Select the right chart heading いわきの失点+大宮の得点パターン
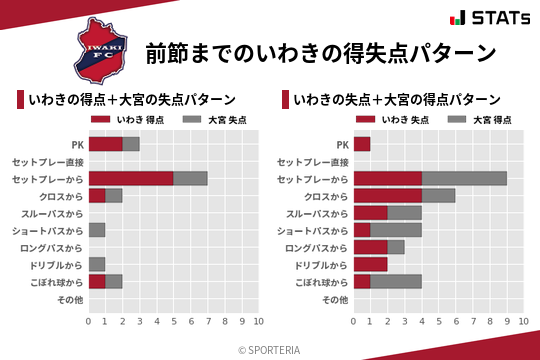(397, 100)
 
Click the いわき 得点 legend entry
(130, 120)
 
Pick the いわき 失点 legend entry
(396, 120)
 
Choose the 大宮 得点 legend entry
(481, 120)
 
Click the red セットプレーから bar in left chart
(130, 178)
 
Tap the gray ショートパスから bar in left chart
(96, 230)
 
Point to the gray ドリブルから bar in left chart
(96, 264)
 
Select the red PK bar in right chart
(361, 144)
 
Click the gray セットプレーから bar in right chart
(464, 178)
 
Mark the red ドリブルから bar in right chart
(370, 264)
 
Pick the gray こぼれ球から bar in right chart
(396, 281)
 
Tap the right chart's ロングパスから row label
(316, 247)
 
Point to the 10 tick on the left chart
(258, 321)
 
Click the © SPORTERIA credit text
(270, 349)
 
